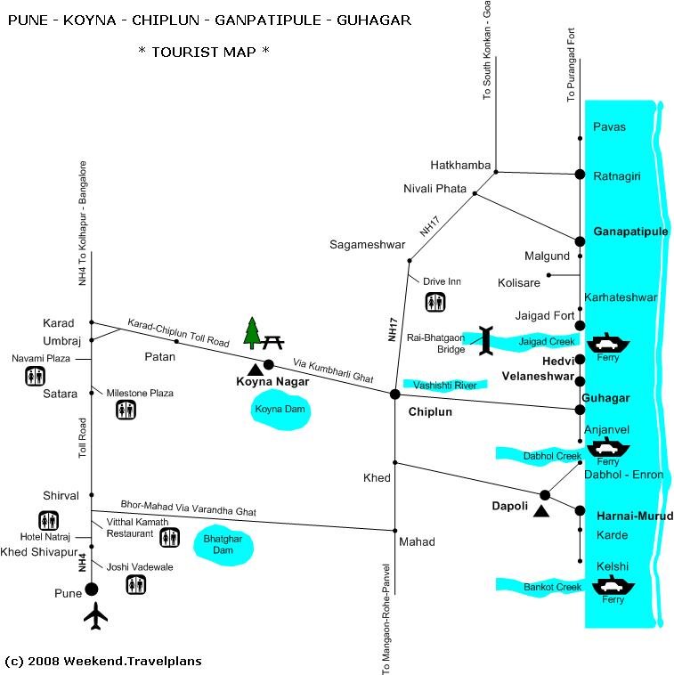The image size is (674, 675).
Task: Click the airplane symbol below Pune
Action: click(94, 616)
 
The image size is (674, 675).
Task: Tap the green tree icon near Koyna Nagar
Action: click(251, 333)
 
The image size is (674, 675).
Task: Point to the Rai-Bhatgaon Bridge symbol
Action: click(485, 340)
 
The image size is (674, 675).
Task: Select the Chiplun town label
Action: click(431, 412)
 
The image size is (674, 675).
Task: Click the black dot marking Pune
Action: click(91, 589)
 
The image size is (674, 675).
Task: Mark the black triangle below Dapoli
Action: click(539, 510)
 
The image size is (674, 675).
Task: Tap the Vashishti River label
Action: click(445, 385)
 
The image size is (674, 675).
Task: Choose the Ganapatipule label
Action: click(629, 231)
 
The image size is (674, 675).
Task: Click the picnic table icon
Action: click(273, 339)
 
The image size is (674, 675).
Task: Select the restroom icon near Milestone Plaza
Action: click(126, 410)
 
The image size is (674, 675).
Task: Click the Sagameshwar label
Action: click(367, 244)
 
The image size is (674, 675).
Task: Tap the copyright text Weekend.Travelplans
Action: click(103, 661)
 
